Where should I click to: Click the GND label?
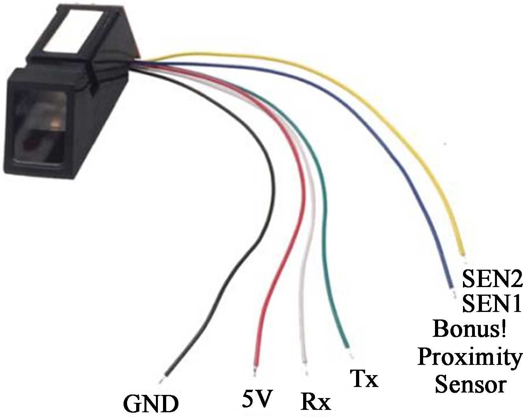pyautogui.click(x=151, y=404)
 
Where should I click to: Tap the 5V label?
pyautogui.click(x=257, y=400)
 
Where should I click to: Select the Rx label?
pyautogui.click(x=315, y=402)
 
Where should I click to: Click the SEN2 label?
pyautogui.click(x=492, y=279)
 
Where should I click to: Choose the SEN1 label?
pyautogui.click(x=492, y=304)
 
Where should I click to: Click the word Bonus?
pyautogui.click(x=469, y=329)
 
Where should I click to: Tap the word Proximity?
pyautogui.click(x=469, y=357)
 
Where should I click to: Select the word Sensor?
pyautogui.click(x=470, y=384)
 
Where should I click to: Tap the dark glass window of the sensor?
pyautogui.click(x=39, y=126)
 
